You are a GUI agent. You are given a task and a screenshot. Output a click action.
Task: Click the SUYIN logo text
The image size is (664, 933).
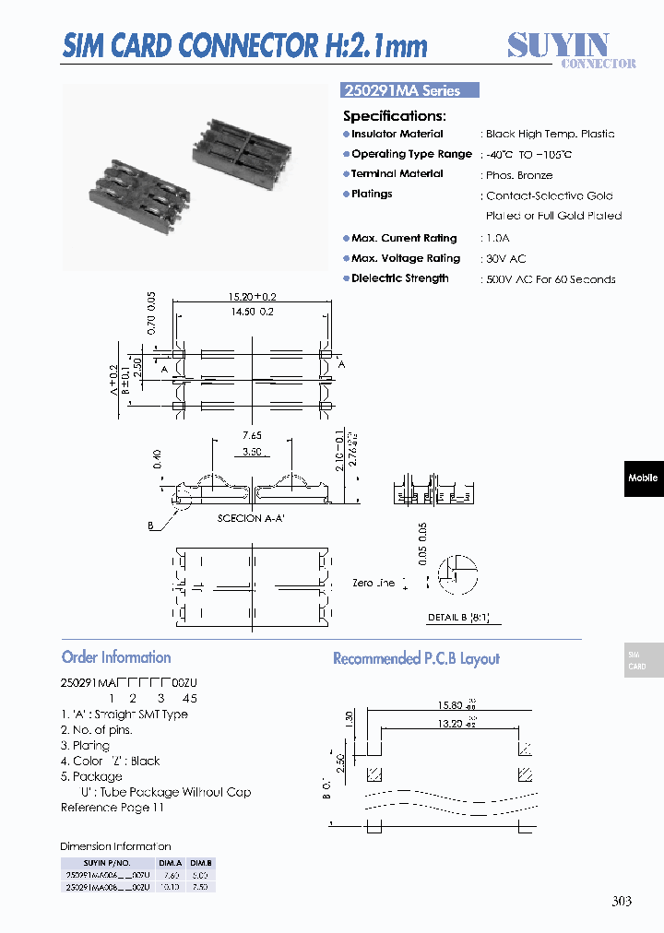[x=558, y=44]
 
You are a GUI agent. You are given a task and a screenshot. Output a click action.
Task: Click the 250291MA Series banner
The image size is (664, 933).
[x=410, y=90]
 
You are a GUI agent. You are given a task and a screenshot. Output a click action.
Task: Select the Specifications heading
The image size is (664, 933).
[x=394, y=116]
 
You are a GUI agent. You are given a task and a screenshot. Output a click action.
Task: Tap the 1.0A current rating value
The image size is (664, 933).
[x=499, y=239]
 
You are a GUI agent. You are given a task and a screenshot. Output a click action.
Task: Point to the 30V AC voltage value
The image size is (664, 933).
[x=505, y=259]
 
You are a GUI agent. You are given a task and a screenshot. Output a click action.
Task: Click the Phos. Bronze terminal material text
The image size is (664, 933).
[x=519, y=175]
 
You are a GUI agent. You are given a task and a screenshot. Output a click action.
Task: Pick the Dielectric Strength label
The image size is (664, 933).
[x=399, y=278]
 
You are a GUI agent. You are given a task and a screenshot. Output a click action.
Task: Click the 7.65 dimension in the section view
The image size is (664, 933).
[x=251, y=435]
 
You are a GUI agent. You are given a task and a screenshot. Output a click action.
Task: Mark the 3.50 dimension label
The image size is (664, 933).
[x=251, y=453]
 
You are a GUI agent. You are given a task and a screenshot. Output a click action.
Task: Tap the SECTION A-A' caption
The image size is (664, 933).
[x=251, y=518]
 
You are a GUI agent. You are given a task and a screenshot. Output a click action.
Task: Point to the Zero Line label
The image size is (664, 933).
[x=373, y=583]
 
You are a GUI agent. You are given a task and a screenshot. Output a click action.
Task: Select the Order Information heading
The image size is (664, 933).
[x=116, y=657]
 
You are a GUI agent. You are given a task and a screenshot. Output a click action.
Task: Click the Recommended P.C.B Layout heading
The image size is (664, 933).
[x=416, y=658]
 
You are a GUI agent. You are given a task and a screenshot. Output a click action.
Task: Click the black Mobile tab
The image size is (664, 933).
[x=643, y=478]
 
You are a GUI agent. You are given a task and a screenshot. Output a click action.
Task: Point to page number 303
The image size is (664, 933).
[x=622, y=901]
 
